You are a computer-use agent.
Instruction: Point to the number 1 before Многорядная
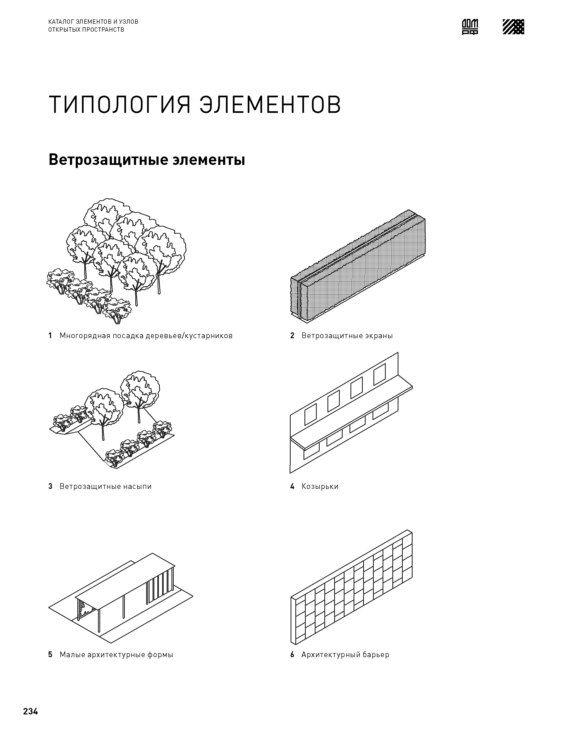[50, 336]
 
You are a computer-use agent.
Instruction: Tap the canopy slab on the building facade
[351, 412]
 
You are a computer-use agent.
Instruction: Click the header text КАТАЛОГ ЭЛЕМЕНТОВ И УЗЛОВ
[93, 22]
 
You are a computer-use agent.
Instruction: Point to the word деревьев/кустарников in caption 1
[189, 336]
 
